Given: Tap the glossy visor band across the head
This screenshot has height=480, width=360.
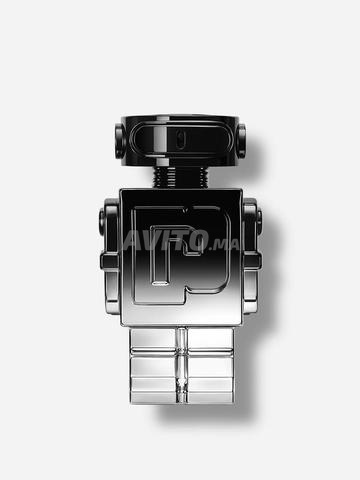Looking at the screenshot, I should coord(180,135).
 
